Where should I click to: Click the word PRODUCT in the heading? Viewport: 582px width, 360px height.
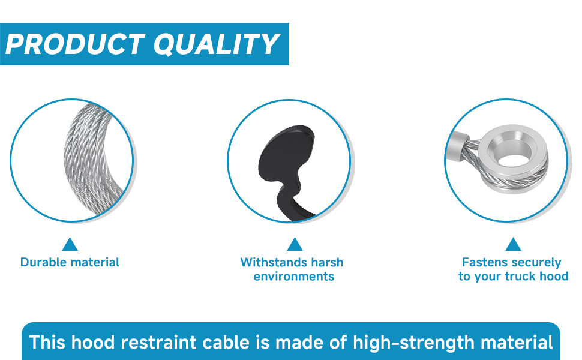(x=75, y=44)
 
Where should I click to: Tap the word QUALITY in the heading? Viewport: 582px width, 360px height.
(x=217, y=44)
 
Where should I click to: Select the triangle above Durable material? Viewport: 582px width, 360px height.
(x=70, y=244)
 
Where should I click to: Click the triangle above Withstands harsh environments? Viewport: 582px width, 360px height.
(x=295, y=244)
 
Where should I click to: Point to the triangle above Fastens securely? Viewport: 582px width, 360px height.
(x=513, y=244)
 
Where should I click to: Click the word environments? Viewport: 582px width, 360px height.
(x=294, y=277)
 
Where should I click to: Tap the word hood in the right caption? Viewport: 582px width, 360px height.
(x=554, y=277)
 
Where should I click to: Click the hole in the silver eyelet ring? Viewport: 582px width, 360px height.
(x=513, y=160)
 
